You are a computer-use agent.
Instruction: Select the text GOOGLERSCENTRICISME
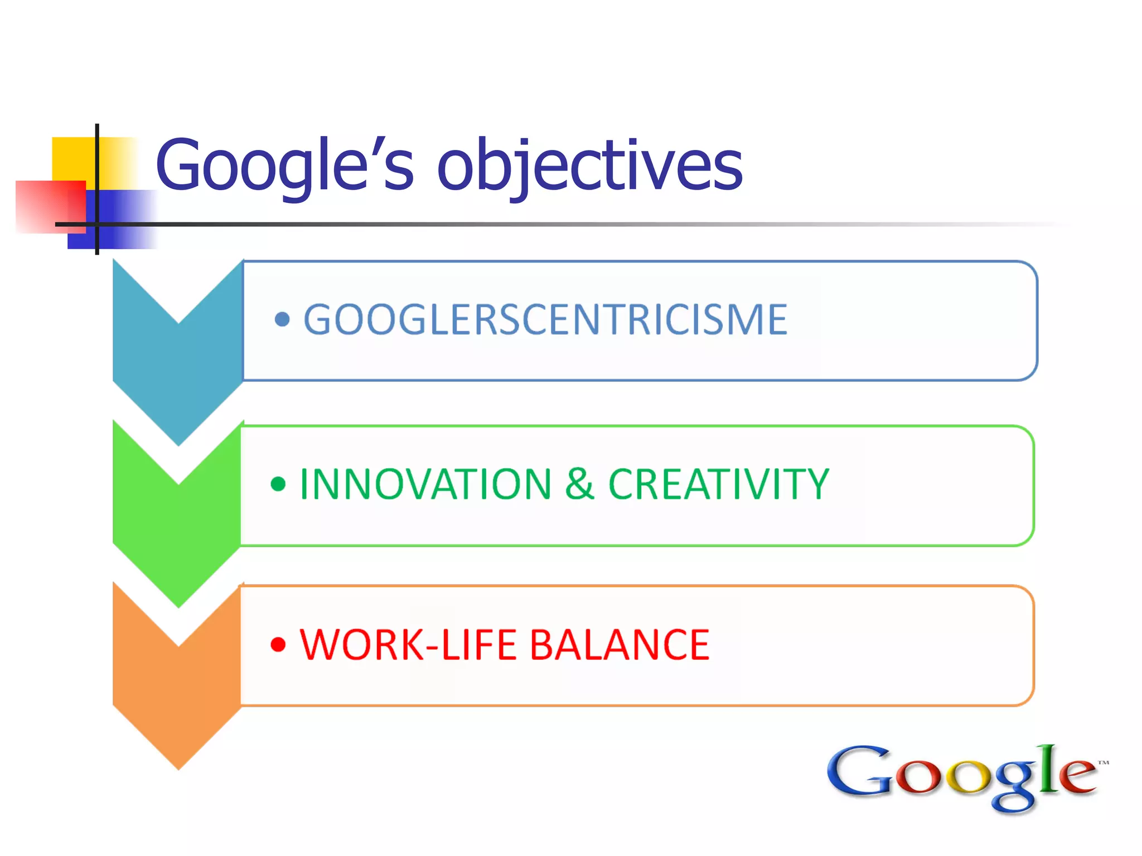[x=545, y=319]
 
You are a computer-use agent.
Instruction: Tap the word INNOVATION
[x=425, y=484]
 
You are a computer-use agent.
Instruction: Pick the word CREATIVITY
[x=718, y=484]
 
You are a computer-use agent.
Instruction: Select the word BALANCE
[x=619, y=645]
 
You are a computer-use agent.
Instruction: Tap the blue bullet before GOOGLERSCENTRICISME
[x=282, y=319]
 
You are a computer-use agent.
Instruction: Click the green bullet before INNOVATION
[x=278, y=483]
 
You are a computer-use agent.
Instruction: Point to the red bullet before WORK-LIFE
[x=278, y=645]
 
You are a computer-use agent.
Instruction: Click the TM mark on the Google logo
[x=1103, y=762]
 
